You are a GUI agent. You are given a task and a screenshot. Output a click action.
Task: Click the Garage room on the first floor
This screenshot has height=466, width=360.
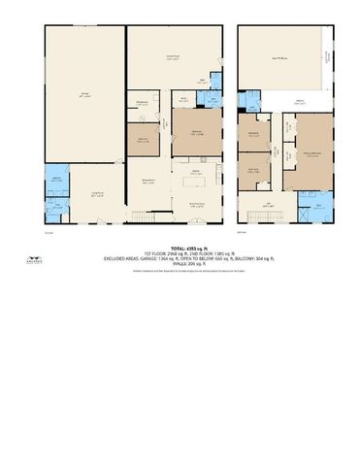pyautogui.click(x=84, y=94)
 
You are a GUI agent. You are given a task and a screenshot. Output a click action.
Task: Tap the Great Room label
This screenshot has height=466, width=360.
pyautogui.click(x=174, y=58)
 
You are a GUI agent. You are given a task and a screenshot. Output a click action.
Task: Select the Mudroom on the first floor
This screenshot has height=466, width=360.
pyautogui.click(x=141, y=103)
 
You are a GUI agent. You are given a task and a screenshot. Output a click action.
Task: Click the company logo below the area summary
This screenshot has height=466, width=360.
pyautogui.click(x=180, y=277)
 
